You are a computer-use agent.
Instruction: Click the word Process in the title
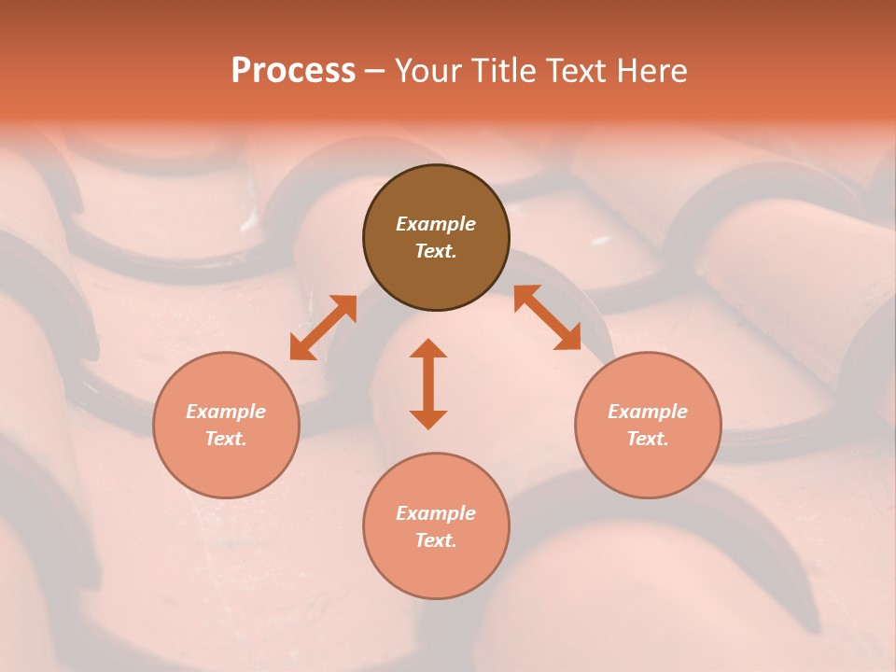(293, 71)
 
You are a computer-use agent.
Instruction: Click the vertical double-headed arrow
(428, 384)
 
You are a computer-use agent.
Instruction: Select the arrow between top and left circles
(323, 328)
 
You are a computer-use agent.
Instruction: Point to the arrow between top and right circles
(547, 317)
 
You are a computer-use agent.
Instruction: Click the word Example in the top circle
(436, 224)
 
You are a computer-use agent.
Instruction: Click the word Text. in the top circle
(436, 251)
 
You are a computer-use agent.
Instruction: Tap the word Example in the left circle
(226, 412)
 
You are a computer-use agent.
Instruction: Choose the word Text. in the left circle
(226, 439)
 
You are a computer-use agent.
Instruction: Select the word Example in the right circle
(648, 412)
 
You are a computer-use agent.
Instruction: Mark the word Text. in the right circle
(648, 439)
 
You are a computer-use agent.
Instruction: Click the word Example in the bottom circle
(436, 513)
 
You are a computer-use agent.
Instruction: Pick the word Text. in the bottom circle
(436, 540)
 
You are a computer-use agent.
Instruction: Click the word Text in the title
(574, 71)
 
